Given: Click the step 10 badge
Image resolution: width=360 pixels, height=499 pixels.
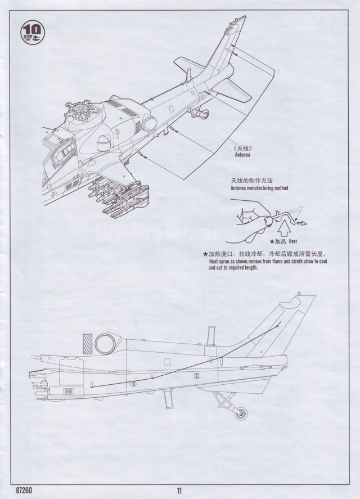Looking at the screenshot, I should tap(29, 30).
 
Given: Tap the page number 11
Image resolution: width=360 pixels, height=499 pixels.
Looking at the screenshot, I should tap(179, 490).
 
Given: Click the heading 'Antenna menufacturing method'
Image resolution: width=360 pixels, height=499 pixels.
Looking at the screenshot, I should tap(259, 188).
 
